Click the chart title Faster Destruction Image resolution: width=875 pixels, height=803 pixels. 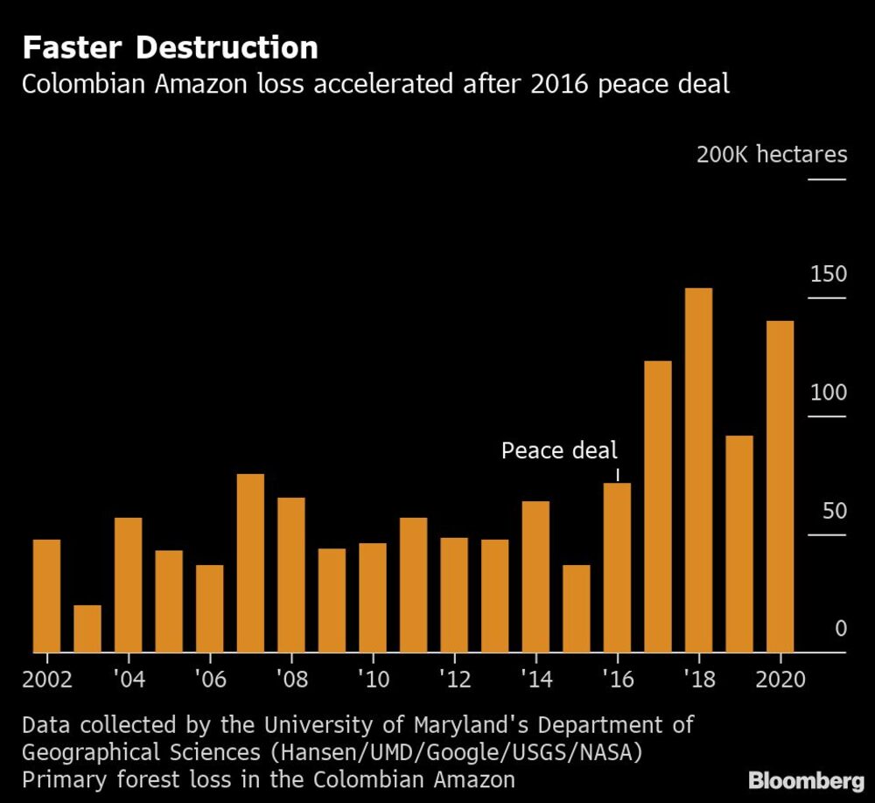(x=170, y=47)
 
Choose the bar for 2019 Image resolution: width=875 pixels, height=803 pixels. (x=739, y=543)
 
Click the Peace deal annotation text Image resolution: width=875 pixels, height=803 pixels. (x=559, y=451)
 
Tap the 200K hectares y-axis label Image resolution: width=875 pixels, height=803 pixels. (x=772, y=155)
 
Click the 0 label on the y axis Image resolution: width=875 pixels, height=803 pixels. (x=841, y=629)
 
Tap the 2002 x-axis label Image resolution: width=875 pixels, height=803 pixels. (x=49, y=680)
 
